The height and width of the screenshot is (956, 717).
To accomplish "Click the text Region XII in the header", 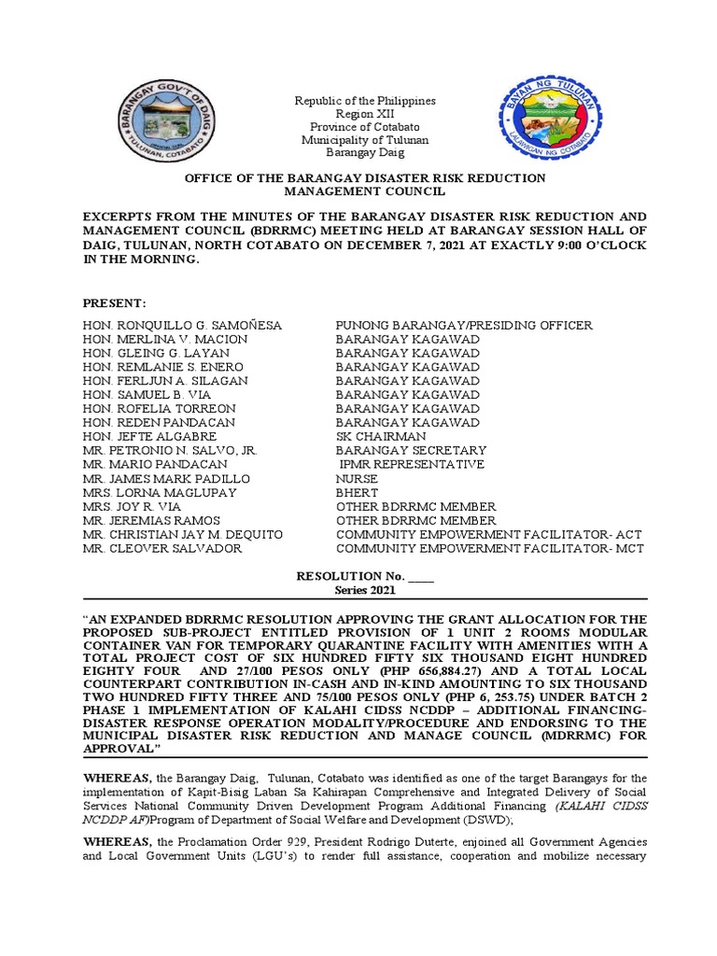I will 365,113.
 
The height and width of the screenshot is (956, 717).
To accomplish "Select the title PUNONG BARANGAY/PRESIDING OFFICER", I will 464,325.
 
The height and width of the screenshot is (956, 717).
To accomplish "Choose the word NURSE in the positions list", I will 358,478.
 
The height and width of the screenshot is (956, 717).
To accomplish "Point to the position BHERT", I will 357,492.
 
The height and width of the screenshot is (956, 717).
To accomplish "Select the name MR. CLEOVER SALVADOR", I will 162,548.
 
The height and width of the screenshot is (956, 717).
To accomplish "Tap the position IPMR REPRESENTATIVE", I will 412,464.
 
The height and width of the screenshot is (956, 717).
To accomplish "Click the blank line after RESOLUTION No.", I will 421,577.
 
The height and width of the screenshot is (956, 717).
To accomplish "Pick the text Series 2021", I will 365,591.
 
